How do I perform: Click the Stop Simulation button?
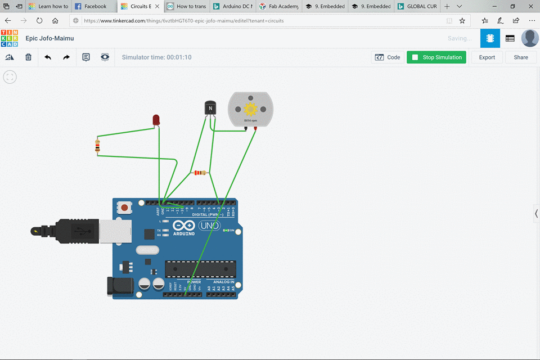pos(436,57)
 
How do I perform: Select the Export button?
pos(487,57)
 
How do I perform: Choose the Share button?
pos(521,57)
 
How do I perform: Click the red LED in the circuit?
pos(156,119)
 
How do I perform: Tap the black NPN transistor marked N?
pos(210,107)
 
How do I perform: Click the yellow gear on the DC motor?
pos(250,109)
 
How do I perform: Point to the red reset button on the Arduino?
pos(125,208)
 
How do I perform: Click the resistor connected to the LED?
pos(98,147)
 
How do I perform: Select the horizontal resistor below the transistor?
pos(200,173)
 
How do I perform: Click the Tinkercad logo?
pos(9,38)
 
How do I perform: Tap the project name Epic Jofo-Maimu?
pos(49,38)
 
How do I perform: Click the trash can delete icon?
pos(29,57)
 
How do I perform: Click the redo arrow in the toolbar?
pos(66,57)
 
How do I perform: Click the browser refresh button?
pos(39,21)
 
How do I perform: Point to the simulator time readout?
pos(156,57)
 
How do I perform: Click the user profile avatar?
pos(529,38)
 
